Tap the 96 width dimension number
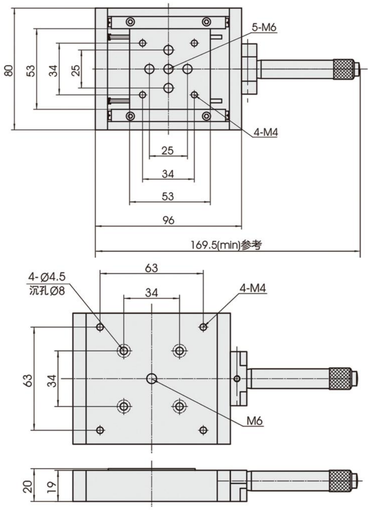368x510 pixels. point(168,220)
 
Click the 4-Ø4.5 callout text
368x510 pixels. point(47,278)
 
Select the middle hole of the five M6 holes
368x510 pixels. point(169,69)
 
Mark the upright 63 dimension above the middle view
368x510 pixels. point(151,268)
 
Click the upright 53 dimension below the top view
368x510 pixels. point(168,196)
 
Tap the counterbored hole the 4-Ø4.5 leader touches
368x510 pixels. point(124,350)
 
